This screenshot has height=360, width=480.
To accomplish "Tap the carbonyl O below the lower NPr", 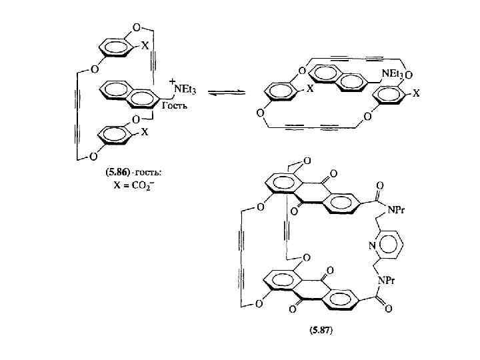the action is click(380, 311).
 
